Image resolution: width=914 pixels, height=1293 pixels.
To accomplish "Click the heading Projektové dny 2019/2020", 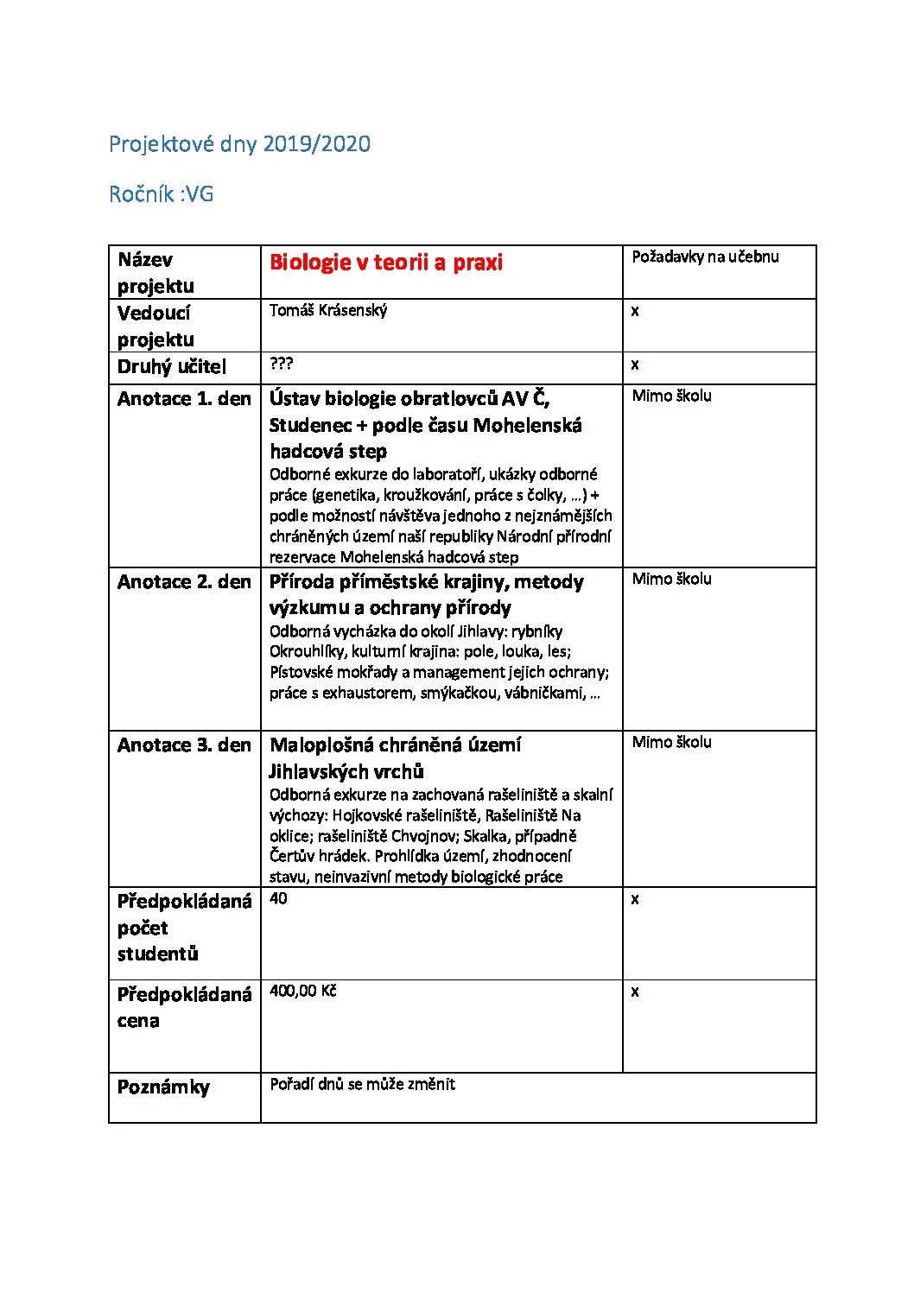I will (x=239, y=144).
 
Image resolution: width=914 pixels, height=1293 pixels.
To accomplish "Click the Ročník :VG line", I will (x=161, y=194).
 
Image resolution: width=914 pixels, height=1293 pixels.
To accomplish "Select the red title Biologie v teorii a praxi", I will (x=385, y=263).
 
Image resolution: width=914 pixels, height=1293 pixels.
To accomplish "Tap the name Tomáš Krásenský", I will (x=328, y=310).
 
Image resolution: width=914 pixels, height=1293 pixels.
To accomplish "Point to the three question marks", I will (x=281, y=364).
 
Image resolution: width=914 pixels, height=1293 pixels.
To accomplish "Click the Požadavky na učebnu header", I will (x=705, y=257).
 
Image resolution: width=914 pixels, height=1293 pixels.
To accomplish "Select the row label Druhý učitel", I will (x=171, y=367).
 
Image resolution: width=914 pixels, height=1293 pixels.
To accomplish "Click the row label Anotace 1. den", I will (x=184, y=399).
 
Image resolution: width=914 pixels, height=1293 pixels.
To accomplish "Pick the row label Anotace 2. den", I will (x=184, y=582).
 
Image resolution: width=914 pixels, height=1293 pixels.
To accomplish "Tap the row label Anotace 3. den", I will (x=184, y=745).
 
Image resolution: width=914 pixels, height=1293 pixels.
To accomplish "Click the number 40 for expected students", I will (x=278, y=898).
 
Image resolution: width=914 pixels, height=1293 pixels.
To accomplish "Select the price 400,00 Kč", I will (x=302, y=991).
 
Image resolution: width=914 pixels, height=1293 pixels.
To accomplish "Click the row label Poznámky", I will (x=163, y=1087).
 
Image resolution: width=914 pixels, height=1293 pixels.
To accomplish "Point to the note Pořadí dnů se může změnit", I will (x=362, y=1084).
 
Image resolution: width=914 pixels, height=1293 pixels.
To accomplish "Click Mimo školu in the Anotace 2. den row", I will (x=671, y=579).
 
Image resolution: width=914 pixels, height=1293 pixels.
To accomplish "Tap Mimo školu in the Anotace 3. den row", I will (x=671, y=742).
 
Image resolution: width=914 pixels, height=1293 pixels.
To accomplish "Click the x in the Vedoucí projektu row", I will (x=635, y=311).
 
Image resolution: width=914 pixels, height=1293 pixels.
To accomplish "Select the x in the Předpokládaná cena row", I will (x=635, y=992).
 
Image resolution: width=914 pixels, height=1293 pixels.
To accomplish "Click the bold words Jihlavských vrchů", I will (x=346, y=771).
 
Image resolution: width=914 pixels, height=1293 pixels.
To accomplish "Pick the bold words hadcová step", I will (x=328, y=451).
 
